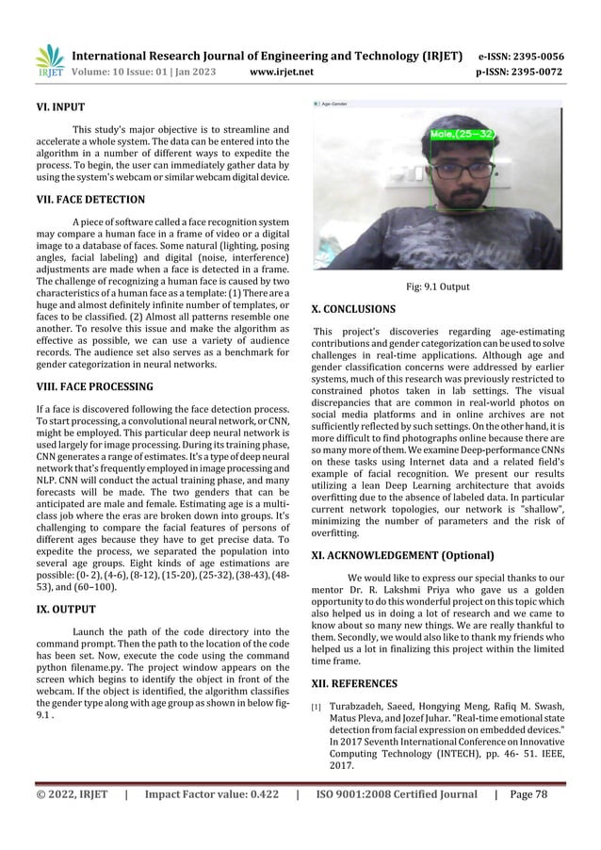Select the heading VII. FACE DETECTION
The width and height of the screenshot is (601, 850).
tap(83, 200)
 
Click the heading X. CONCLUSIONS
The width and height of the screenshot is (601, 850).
tap(353, 308)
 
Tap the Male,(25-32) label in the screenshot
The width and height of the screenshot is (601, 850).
tap(462, 135)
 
